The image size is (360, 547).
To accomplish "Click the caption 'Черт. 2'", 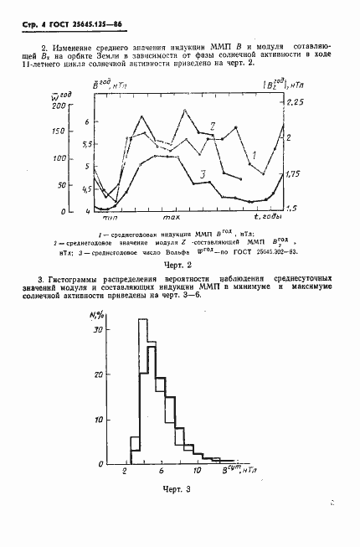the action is coord(182,261).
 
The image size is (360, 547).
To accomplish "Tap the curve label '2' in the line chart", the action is coord(214,126).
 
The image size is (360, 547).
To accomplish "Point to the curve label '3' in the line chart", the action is coord(203,173).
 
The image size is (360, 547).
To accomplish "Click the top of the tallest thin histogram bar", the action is coord(142,319).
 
